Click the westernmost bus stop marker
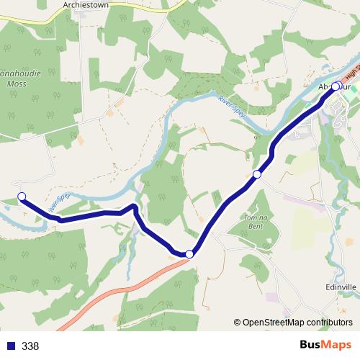click(x=22, y=197)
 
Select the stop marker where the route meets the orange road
click(x=189, y=253)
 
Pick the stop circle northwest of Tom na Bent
click(x=257, y=174)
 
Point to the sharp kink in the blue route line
click(x=133, y=207)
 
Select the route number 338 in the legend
click(x=31, y=346)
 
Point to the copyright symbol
click(x=238, y=323)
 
